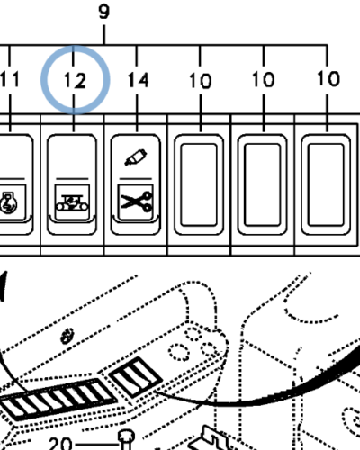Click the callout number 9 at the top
(x=103, y=13)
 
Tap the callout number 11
(x=10, y=79)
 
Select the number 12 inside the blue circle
(x=75, y=80)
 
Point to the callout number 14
(x=138, y=80)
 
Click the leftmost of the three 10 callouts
(x=201, y=81)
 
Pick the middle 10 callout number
(x=264, y=80)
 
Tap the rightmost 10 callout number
(x=328, y=79)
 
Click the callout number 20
(x=60, y=444)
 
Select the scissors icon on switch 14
(x=136, y=202)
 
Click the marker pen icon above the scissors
(x=136, y=157)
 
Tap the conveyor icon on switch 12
(x=72, y=203)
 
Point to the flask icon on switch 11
(x=9, y=202)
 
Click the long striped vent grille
(x=57, y=399)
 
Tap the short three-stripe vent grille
(x=135, y=377)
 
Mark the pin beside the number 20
(x=127, y=440)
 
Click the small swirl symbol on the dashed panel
(x=67, y=336)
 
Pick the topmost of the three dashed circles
(x=193, y=334)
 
